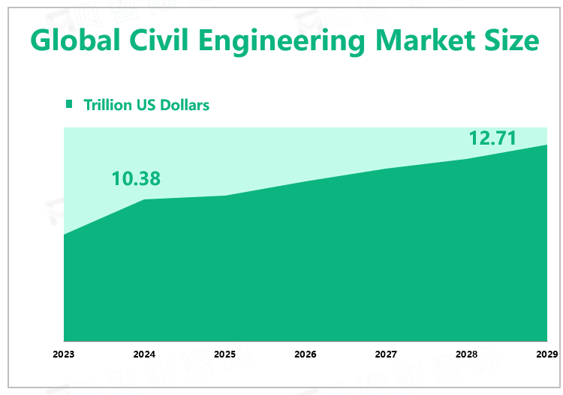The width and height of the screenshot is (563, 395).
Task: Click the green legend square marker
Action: tap(70, 104)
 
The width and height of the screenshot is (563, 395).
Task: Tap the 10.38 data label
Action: tap(136, 178)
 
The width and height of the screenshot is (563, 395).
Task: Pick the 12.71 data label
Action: tap(493, 139)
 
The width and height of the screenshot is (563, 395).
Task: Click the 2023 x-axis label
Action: tap(64, 354)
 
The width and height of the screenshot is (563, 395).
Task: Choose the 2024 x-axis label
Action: tap(144, 354)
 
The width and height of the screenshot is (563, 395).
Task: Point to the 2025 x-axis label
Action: tap(224, 354)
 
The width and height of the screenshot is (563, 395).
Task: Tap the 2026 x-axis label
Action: tap(305, 354)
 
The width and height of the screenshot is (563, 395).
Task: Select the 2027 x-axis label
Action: tap(386, 354)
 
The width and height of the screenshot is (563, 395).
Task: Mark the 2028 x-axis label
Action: tap(466, 354)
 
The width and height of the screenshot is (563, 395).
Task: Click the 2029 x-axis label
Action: tap(546, 354)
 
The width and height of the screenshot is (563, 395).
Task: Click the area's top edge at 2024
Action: tap(144, 199)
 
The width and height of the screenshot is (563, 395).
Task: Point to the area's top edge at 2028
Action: tap(466, 159)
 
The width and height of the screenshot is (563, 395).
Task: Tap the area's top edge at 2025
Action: tap(224, 196)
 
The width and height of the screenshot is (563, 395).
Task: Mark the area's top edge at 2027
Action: tap(386, 169)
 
